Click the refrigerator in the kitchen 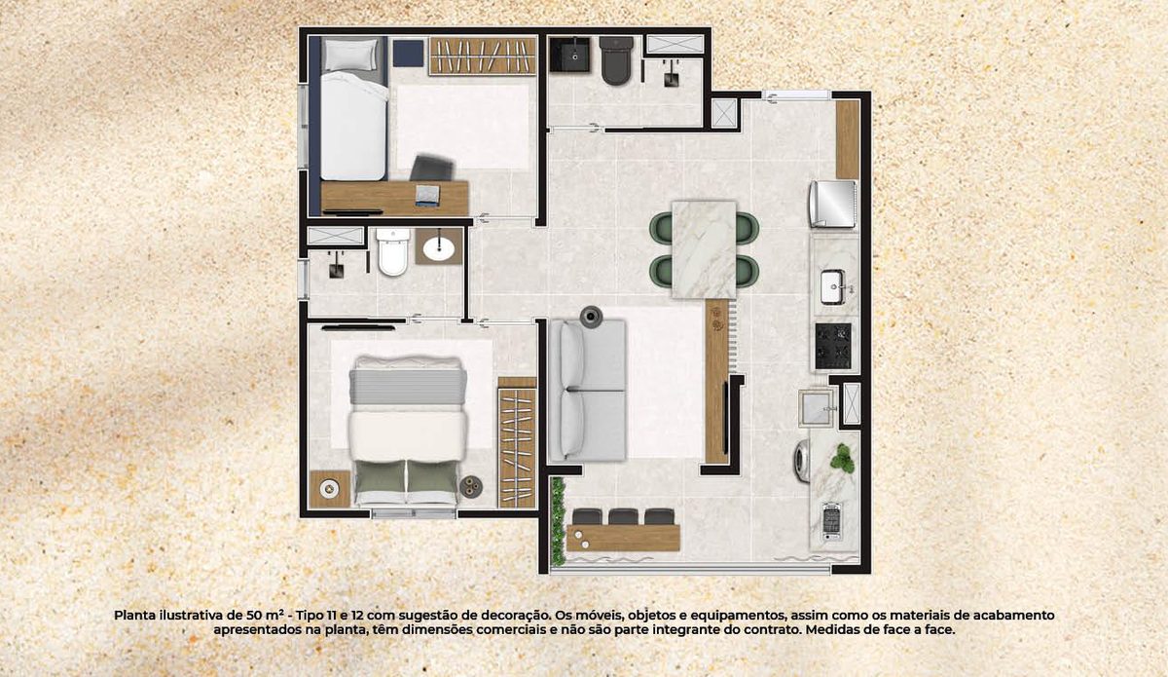click(x=833, y=205)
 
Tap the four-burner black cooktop click(x=833, y=346)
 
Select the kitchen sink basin click(x=832, y=286)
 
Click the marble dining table click(x=704, y=249)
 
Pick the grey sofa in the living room click(x=588, y=390)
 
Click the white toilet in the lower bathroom click(x=392, y=251)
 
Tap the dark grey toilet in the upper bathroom click(x=616, y=60)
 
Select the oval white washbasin click(x=439, y=249)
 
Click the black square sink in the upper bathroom click(x=569, y=55)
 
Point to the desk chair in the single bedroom click(x=432, y=169)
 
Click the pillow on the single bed click(x=349, y=55)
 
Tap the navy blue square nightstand click(x=408, y=54)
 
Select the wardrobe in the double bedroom click(x=517, y=442)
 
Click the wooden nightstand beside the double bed click(x=330, y=489)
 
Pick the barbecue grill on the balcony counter click(x=831, y=521)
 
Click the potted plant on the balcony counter click(x=843, y=458)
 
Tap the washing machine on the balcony click(x=801, y=461)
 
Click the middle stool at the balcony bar click(x=623, y=516)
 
